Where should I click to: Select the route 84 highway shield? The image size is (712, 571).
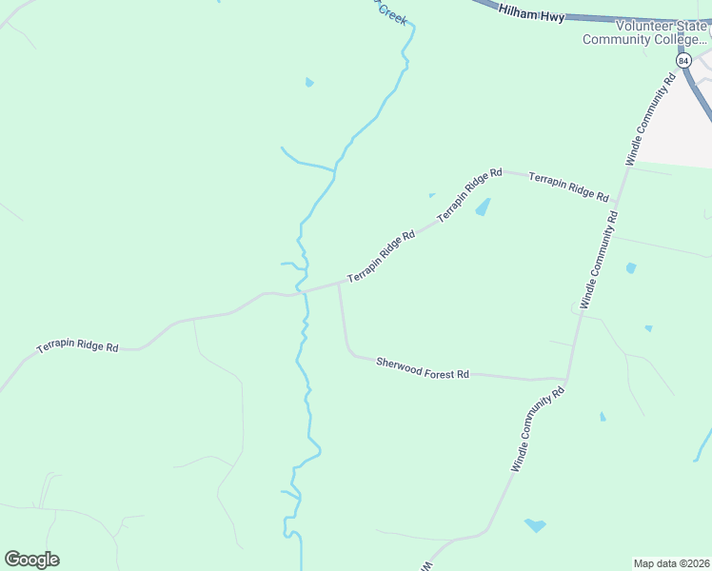(682, 60)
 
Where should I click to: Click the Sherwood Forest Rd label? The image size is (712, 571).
(423, 368)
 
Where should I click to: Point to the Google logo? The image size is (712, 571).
(31, 560)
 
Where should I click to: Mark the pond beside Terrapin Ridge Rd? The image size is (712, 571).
(483, 207)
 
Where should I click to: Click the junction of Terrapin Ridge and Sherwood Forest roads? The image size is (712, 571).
(339, 283)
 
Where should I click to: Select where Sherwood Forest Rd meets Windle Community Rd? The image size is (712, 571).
(566, 379)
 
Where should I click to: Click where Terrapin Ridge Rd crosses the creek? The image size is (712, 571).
(303, 291)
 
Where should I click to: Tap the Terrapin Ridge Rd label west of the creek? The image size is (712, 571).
(77, 347)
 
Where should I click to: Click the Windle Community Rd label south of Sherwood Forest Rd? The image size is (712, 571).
(538, 428)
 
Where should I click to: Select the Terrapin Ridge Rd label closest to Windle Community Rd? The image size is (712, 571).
(568, 187)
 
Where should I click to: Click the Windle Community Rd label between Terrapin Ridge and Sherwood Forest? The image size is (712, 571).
(600, 257)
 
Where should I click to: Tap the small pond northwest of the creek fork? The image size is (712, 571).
(309, 83)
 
